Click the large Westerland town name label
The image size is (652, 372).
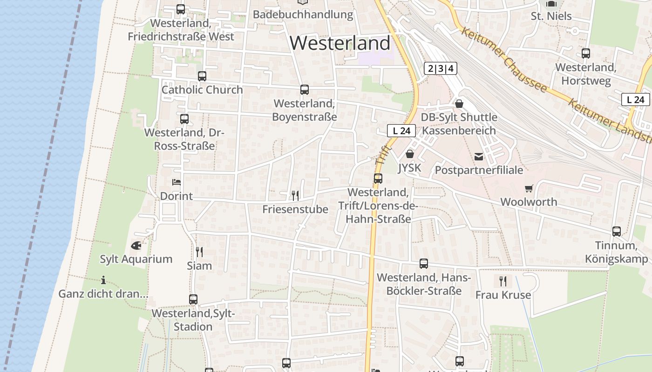(340, 43)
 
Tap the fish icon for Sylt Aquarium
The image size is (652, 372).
(136, 245)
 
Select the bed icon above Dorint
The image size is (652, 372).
(176, 182)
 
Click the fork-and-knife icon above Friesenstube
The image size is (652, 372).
(295, 195)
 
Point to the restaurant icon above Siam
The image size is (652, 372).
(199, 252)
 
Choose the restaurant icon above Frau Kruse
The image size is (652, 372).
(503, 281)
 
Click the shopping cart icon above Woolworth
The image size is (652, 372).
(529, 188)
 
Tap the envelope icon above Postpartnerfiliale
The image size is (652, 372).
(479, 157)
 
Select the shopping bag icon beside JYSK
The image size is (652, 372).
(410, 153)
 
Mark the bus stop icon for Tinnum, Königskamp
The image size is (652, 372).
(617, 231)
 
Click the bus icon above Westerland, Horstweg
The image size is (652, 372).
(586, 53)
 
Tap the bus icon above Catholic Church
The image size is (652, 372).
(202, 76)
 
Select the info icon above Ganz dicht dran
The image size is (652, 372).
(103, 280)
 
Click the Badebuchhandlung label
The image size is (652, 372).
(303, 14)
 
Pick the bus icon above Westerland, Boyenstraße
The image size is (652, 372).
(305, 89)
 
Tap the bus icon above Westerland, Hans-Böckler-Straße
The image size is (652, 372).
(424, 264)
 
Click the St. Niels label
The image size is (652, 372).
(551, 16)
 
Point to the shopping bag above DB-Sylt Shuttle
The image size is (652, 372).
(459, 103)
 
